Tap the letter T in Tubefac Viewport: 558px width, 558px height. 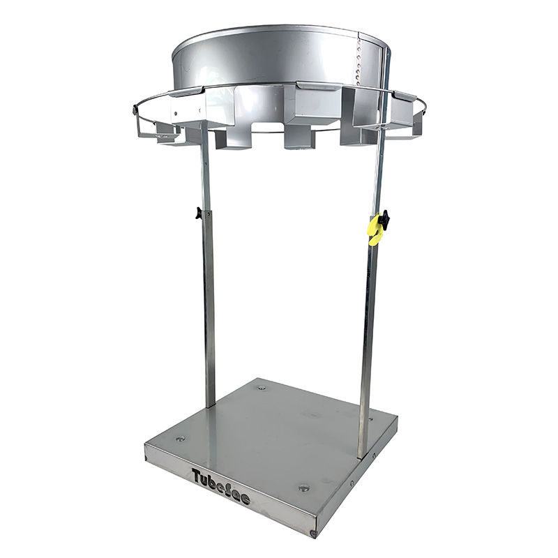tap(197, 476)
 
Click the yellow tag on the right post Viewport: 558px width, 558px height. tap(375, 230)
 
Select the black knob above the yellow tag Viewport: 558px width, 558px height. tap(384, 217)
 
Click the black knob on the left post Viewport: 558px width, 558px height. tap(198, 213)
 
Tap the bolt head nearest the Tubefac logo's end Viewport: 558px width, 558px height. tap(303, 488)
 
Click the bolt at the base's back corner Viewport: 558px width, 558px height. tap(262, 388)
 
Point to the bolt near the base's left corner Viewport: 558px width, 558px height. tap(181, 439)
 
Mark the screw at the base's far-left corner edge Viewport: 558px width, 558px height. tap(146, 458)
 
